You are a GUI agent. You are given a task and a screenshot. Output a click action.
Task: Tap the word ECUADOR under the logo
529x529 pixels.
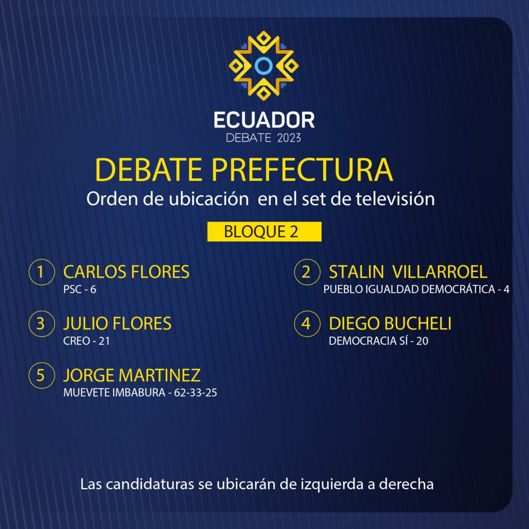264,120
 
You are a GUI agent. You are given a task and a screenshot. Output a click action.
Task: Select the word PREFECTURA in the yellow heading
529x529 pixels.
302,169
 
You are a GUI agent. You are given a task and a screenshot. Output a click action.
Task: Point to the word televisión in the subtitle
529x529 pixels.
395,199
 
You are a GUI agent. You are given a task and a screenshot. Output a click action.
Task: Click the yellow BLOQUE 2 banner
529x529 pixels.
264,231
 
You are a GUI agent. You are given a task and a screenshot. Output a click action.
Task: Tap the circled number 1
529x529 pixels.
42,272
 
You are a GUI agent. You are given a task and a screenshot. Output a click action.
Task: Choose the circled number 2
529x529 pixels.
307,272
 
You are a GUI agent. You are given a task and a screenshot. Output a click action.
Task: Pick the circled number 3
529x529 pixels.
42,323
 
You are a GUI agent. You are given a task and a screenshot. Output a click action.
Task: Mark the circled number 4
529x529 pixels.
307,323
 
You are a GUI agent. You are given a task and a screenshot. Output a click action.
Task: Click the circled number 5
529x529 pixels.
42,375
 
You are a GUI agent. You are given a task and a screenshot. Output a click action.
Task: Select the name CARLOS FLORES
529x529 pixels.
126,272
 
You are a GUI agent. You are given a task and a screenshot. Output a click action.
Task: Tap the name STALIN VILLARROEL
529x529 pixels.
408,272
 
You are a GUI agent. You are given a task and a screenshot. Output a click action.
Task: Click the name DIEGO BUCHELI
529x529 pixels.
390,323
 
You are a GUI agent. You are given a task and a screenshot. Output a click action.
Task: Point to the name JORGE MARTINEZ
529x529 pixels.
132,375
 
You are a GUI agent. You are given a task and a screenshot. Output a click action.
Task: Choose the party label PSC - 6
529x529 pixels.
80,289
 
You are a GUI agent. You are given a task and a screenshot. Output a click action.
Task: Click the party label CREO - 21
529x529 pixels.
87,341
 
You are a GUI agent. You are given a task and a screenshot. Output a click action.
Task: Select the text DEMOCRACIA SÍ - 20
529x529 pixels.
379,341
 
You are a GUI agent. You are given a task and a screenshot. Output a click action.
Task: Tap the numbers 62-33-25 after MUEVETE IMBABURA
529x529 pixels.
195,393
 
